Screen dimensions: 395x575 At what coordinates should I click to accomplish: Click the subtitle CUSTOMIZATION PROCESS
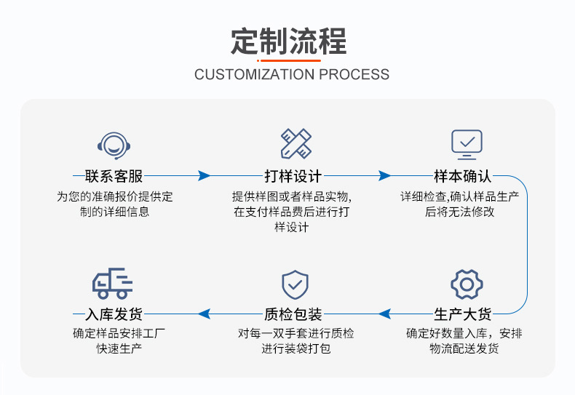pyautogui.click(x=292, y=74)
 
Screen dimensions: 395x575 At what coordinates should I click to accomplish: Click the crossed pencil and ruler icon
pyautogui.click(x=296, y=144)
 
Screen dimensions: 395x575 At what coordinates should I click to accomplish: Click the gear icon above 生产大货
pyautogui.click(x=467, y=284)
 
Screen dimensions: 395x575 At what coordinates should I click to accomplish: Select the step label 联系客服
pyautogui.click(x=114, y=176)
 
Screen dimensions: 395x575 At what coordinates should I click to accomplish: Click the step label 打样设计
pyautogui.click(x=293, y=176)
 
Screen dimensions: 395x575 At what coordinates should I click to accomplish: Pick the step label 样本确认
pyautogui.click(x=463, y=176)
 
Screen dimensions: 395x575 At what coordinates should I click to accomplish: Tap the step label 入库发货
pyautogui.click(x=114, y=314)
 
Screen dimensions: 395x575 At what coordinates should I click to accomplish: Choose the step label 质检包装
pyautogui.click(x=293, y=314)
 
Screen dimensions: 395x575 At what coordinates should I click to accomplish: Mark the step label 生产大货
pyautogui.click(x=463, y=314)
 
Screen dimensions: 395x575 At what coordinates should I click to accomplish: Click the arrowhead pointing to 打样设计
pyautogui.click(x=205, y=176)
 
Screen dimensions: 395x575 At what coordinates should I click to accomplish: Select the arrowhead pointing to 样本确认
pyautogui.click(x=385, y=176)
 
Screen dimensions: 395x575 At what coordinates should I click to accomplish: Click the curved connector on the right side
pyautogui.click(x=526, y=245)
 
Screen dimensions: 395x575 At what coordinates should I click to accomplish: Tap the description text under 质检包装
pyautogui.click(x=296, y=341)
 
